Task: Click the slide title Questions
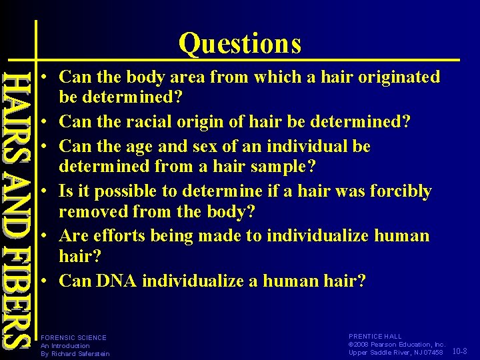coord(239,44)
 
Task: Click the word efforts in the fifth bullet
coord(123,236)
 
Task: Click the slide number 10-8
coord(460,351)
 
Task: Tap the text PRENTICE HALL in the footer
coord(376,337)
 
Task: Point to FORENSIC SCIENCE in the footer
coord(73,338)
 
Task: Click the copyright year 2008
coord(363,345)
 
